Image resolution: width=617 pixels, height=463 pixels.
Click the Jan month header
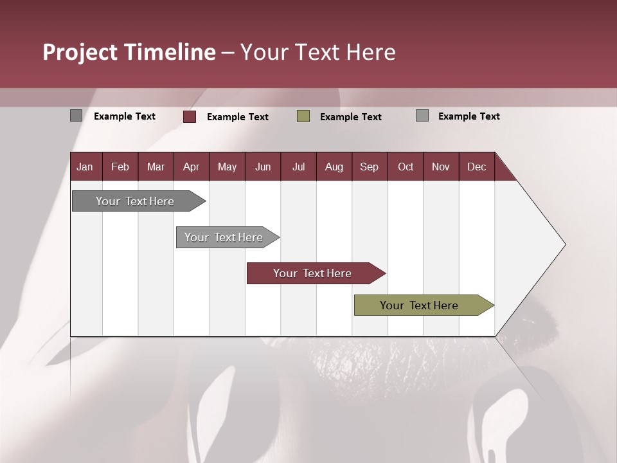click(x=85, y=167)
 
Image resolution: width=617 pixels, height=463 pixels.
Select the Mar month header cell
click(x=156, y=167)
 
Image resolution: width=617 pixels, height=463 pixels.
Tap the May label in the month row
click(x=227, y=167)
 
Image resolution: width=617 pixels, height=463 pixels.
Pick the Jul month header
click(x=298, y=167)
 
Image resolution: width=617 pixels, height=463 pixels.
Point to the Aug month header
click(x=334, y=167)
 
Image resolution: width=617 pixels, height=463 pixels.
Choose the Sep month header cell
click(x=369, y=167)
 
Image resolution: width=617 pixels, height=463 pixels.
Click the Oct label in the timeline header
click(x=406, y=167)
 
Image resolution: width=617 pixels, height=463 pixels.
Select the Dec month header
click(x=476, y=167)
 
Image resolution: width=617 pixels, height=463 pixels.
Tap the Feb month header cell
click(x=120, y=167)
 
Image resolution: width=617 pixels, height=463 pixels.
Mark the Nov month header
click(x=440, y=167)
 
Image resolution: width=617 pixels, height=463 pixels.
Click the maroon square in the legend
click(x=190, y=116)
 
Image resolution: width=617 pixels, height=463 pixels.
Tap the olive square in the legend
click(x=303, y=116)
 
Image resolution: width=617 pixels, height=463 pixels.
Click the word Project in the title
click(x=80, y=52)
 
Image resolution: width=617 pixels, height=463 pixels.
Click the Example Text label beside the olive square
click(x=350, y=117)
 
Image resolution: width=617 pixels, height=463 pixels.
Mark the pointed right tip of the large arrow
click(x=564, y=244)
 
